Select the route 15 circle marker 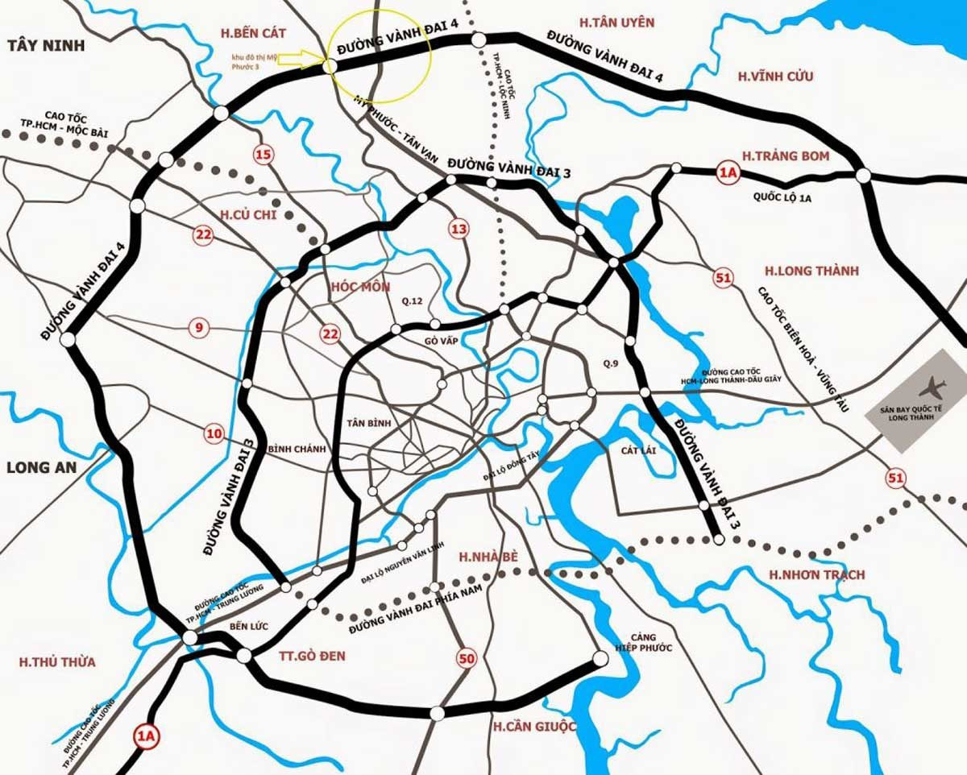[x=264, y=154]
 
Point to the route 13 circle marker [x=459, y=230]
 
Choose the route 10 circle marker [x=214, y=434]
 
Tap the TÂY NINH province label [x=45, y=45]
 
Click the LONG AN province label [x=40, y=468]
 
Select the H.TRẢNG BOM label [x=785, y=155]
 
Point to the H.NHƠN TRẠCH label [x=816, y=574]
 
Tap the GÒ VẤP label [x=441, y=341]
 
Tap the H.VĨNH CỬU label [x=775, y=77]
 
